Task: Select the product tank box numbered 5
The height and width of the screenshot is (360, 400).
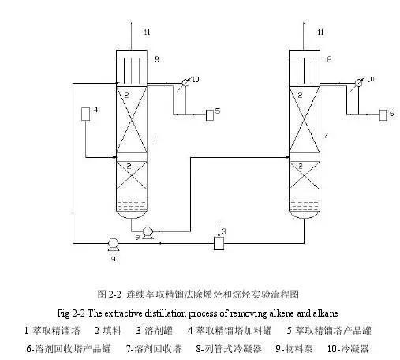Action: pos(210,115)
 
